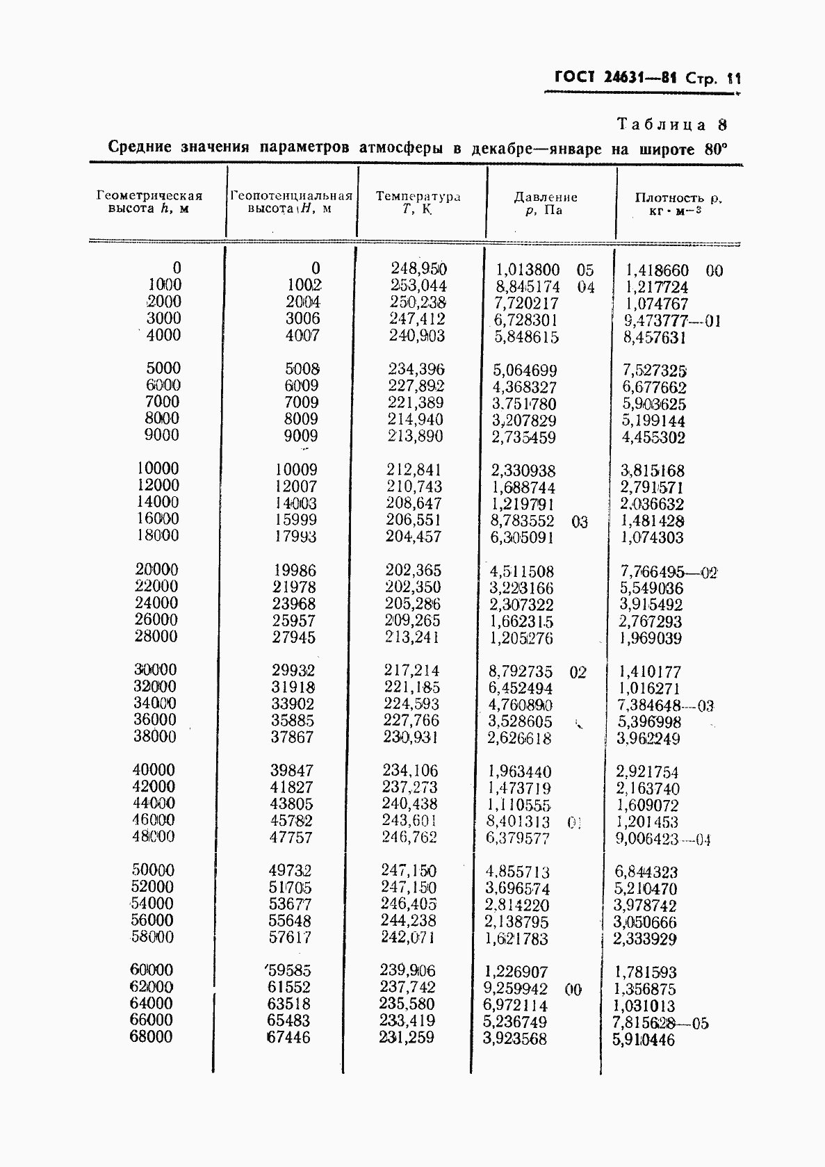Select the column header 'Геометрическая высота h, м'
(x=149, y=202)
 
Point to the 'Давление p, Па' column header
(x=545, y=203)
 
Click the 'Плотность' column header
(x=678, y=203)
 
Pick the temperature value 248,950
(x=418, y=268)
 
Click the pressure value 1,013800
(x=528, y=270)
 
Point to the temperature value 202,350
(x=413, y=587)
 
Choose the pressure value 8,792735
(x=521, y=672)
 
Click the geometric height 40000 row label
(x=154, y=770)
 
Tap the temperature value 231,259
(x=407, y=1038)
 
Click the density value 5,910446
(x=644, y=1040)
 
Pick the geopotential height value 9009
(x=301, y=436)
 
